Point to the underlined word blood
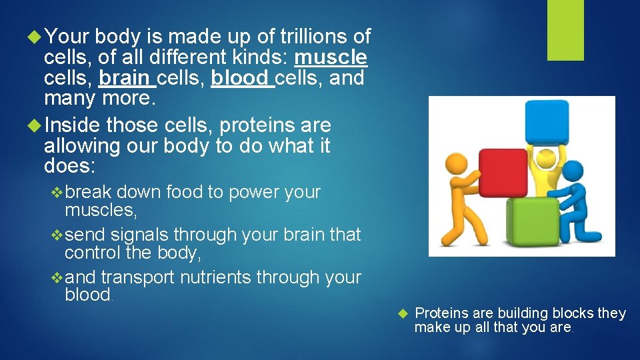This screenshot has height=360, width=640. click(x=239, y=79)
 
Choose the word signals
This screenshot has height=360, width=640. click(x=141, y=235)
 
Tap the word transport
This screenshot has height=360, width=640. click(x=137, y=277)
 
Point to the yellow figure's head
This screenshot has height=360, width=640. click(x=547, y=159)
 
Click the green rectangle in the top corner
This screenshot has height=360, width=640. click(x=565, y=30)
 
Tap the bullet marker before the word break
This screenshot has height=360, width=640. click(x=57, y=193)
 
